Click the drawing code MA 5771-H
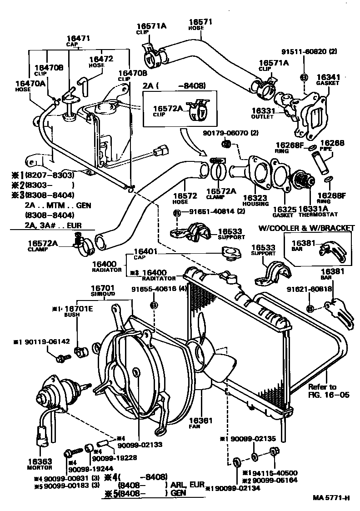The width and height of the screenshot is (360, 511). (x=331, y=497)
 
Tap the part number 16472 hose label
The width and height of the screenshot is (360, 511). (x=101, y=59)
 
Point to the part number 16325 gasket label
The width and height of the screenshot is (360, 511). (x=285, y=210)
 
